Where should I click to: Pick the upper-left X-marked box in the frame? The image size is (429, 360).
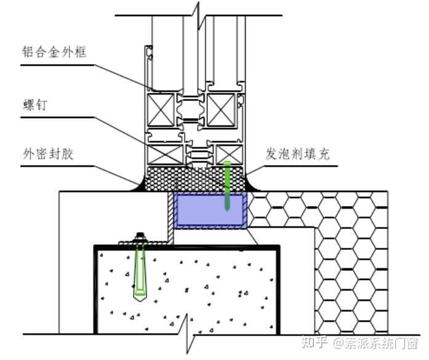coord(158,110)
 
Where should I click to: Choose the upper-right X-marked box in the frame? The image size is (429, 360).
coord(221,110)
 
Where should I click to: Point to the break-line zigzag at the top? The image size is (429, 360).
coord(196,11)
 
